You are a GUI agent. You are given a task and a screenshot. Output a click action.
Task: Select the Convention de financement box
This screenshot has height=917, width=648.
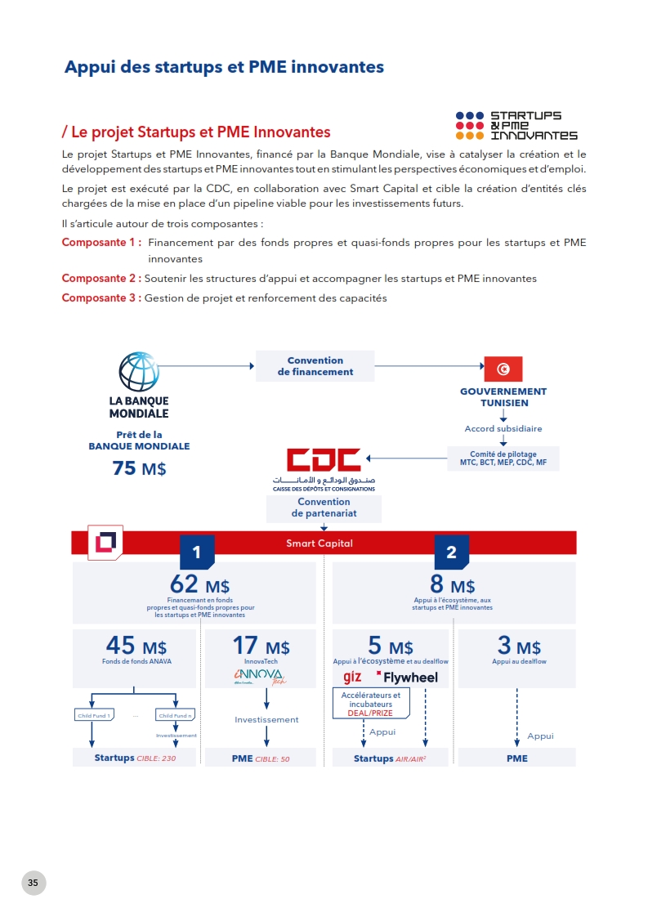tap(315, 366)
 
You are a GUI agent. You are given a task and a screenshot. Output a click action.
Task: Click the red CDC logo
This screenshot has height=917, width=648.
tap(324, 461)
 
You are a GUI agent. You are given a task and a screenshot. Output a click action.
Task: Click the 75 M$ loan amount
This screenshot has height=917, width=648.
tap(139, 468)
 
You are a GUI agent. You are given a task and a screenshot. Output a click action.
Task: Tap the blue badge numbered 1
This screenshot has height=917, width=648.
tap(196, 553)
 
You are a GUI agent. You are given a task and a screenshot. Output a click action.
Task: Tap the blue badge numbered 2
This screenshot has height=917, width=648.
tap(451, 553)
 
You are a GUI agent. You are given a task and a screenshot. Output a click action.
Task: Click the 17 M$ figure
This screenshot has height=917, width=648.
tap(261, 646)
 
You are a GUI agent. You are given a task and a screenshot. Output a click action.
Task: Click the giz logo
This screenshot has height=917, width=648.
tap(352, 677)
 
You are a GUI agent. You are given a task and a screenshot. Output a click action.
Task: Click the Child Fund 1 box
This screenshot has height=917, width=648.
tap(94, 715)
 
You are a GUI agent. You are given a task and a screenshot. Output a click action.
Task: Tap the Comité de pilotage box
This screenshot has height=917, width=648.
tap(503, 458)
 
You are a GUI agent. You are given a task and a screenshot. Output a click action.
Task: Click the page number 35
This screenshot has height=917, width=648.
tap(34, 883)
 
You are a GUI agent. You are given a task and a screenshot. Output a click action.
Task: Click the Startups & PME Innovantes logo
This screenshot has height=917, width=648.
tap(516, 126)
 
